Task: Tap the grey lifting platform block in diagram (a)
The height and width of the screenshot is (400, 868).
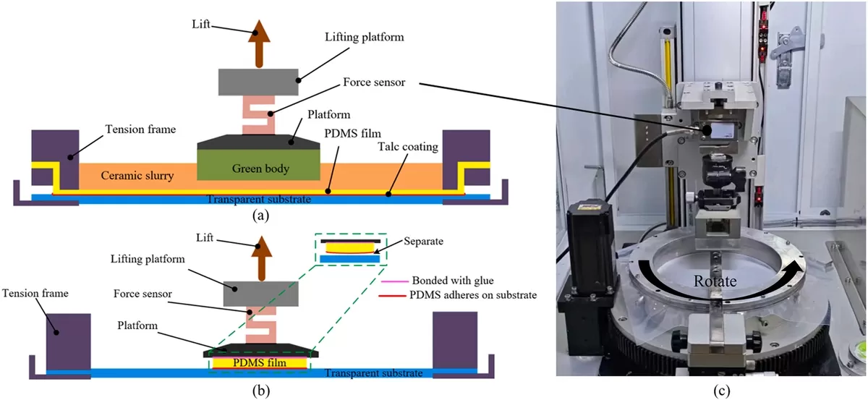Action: pos(259,82)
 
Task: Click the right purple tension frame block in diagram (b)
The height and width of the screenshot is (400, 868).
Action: pos(454,341)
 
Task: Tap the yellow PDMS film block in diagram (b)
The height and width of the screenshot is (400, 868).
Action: pos(259,363)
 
